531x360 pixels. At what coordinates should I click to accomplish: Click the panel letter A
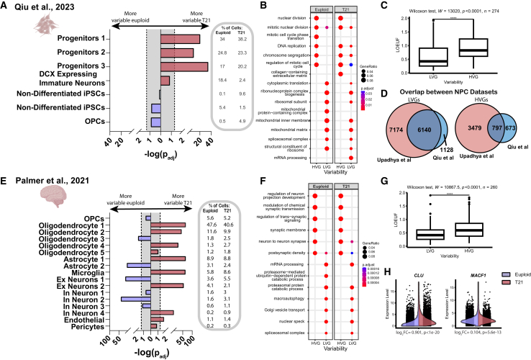tap(6, 6)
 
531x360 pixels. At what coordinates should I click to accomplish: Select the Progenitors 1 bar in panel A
tap(180, 39)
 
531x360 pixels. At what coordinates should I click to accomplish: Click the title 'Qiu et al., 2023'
tap(44, 6)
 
